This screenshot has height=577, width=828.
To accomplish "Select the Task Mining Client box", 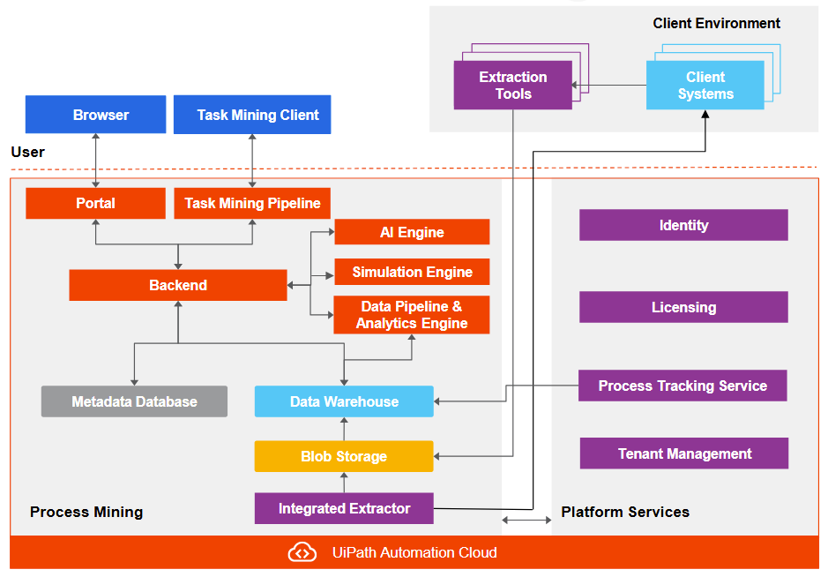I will (x=252, y=115).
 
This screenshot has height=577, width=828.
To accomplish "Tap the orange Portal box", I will (x=95, y=203).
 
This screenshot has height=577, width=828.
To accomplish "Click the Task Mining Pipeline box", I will (x=252, y=203).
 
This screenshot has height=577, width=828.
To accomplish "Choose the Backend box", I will (x=178, y=285).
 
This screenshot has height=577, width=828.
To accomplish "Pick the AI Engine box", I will (x=412, y=232).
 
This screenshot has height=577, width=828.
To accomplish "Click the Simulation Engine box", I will (x=412, y=272).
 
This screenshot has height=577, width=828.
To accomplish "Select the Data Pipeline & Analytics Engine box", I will (x=412, y=315).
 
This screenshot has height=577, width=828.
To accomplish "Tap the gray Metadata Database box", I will (x=134, y=401).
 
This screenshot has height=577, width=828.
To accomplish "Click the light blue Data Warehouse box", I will (x=344, y=401).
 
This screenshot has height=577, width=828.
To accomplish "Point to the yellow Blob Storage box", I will (x=344, y=456).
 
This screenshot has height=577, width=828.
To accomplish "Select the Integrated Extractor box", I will (x=344, y=508).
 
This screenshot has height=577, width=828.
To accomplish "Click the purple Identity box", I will (x=683, y=225).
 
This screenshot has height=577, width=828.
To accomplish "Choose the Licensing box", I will (x=683, y=307).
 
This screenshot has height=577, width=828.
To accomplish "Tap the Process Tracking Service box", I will (x=683, y=386).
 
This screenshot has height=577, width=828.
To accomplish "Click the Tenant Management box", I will (x=684, y=453).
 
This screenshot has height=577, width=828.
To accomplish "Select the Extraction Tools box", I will (x=512, y=86).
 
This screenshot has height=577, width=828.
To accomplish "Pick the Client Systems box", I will (x=705, y=86).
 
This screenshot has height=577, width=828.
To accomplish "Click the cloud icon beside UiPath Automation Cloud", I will (x=302, y=553).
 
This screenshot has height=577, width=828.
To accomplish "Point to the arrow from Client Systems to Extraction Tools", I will (x=608, y=86).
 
